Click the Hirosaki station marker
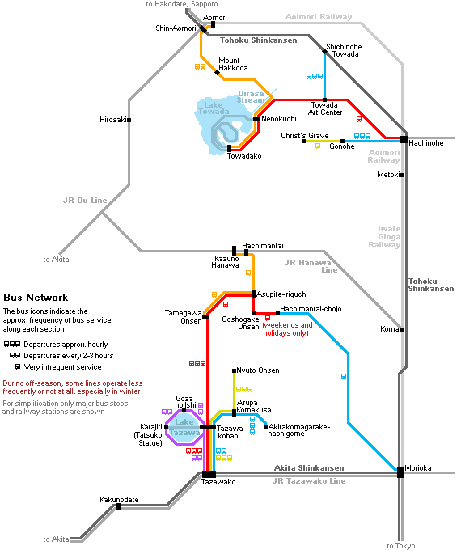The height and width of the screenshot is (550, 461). [x=129, y=120]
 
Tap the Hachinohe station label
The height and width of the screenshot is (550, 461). [x=426, y=143]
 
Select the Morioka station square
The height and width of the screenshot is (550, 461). [x=400, y=472]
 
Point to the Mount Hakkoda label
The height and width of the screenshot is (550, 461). [x=233, y=64]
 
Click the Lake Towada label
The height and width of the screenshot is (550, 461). [x=214, y=108]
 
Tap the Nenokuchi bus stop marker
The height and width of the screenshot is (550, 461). [x=257, y=119]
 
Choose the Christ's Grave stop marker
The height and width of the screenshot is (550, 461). [x=304, y=141]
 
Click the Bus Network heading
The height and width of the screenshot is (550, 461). [x=36, y=298]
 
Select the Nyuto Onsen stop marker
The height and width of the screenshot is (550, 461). [x=234, y=370]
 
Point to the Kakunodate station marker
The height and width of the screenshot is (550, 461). [x=119, y=507]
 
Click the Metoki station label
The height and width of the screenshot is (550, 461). [x=388, y=175]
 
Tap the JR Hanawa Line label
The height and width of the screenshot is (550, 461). [x=311, y=266]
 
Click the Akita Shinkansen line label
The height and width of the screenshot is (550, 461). [x=309, y=468]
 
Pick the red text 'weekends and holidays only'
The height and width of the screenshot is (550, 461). [x=287, y=329]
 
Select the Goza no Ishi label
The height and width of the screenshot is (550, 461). [x=185, y=402]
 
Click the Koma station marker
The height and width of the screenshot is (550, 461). [x=403, y=329]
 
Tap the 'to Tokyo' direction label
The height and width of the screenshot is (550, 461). [x=401, y=546]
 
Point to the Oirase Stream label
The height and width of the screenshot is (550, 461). [x=251, y=97]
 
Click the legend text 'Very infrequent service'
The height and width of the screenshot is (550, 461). [x=62, y=367]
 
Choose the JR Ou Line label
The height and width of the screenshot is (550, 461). [x=85, y=201]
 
